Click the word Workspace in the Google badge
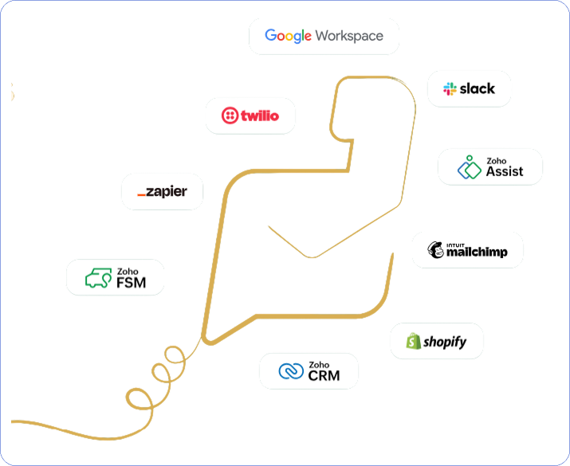tap(349, 36)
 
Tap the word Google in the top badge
tap(288, 36)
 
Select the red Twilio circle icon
tap(230, 116)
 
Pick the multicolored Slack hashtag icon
tap(450, 88)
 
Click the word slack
tap(478, 88)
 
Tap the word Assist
tap(505, 171)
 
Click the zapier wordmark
tap(163, 192)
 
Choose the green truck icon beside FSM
tap(98, 278)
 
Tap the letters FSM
tap(130, 282)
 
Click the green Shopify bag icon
tap(412, 342)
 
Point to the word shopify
tap(444, 343)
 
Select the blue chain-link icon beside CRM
tap(291, 371)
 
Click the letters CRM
tap(324, 375)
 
